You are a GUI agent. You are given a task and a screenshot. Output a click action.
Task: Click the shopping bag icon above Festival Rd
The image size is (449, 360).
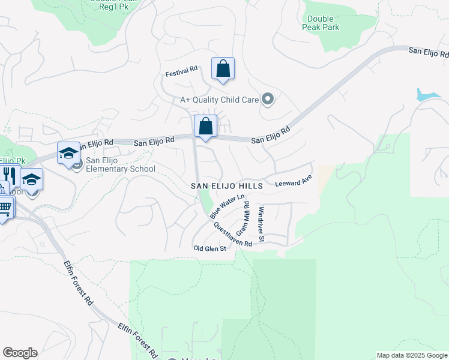[223, 69]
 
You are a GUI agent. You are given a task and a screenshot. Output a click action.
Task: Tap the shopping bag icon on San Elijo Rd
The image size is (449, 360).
[205, 127]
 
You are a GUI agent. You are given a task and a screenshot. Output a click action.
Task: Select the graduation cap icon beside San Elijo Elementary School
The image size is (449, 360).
[68, 153]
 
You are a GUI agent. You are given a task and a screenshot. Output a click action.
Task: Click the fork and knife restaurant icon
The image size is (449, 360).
[10, 175]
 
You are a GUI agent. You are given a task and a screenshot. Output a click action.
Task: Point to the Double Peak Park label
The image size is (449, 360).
[323, 23]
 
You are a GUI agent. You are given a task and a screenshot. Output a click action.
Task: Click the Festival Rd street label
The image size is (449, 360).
[182, 71]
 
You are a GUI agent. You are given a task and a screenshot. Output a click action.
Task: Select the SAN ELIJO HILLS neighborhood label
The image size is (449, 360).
[227, 187]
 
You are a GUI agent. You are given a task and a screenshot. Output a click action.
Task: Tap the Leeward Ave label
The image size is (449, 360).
[294, 180]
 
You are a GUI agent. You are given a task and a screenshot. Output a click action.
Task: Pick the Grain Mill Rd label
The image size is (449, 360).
[243, 219]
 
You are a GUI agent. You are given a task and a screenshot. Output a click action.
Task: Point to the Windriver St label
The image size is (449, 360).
[261, 224]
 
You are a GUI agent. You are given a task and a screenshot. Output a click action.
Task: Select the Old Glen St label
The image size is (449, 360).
[209, 248]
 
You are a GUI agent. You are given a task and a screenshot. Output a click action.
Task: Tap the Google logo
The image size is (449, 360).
[20, 352]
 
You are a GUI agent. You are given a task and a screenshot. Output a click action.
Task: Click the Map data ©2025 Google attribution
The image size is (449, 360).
[411, 355]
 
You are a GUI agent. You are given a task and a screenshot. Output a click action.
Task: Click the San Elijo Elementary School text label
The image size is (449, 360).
[121, 164]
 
